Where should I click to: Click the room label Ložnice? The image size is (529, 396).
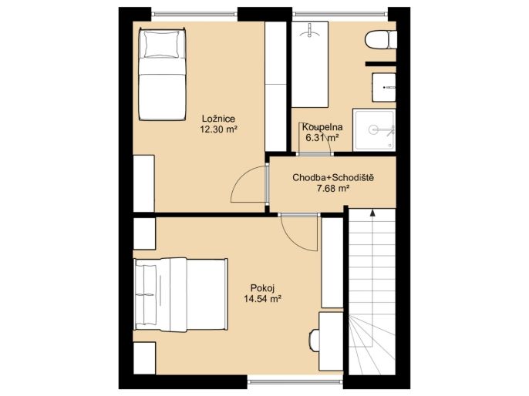pyautogui.click(x=218, y=119)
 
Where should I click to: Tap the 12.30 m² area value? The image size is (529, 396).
pyautogui.click(x=217, y=129)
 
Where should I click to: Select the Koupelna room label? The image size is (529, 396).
pyautogui.click(x=322, y=127)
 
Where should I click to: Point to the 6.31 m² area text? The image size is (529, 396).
pyautogui.click(x=322, y=137)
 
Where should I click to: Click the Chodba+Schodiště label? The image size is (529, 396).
pyautogui.click(x=333, y=178)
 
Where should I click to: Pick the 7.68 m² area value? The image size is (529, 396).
pyautogui.click(x=332, y=189)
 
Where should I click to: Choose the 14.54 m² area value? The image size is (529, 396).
pyautogui.click(x=263, y=299)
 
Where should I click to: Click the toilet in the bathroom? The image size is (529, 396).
pyautogui.click(x=380, y=40)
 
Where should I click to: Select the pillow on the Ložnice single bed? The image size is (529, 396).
pyautogui.click(x=162, y=44)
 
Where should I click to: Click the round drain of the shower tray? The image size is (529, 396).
pyautogui.click(x=372, y=129)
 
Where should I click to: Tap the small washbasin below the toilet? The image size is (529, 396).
pyautogui.click(x=384, y=87)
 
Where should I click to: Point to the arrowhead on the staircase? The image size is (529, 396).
pyautogui.click(x=372, y=213)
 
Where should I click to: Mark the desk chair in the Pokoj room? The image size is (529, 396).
pyautogui.click(x=314, y=341)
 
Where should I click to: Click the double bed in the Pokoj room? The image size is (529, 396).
pyautogui.click(x=180, y=295)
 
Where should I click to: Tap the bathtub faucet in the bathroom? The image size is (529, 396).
pyautogui.click(x=310, y=31)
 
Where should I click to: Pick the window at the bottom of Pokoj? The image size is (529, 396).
pyautogui.click(x=295, y=382)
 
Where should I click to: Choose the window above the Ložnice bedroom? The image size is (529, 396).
pyautogui.click(x=194, y=14)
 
